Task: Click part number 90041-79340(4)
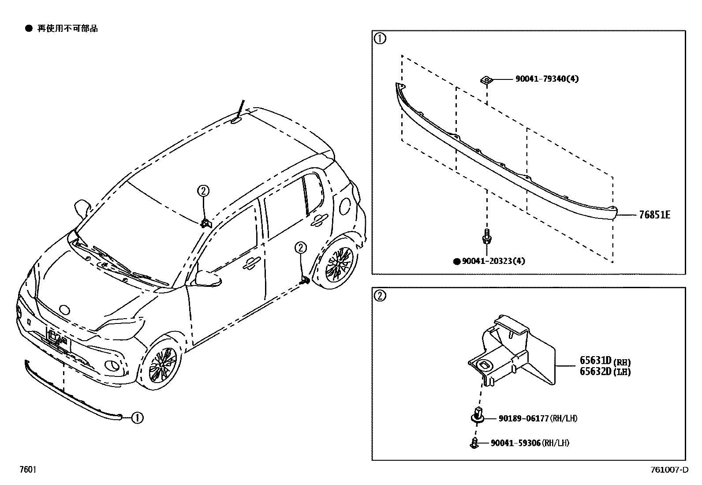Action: [x=547, y=79]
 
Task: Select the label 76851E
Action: [x=654, y=215]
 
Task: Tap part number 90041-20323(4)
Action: [x=493, y=261]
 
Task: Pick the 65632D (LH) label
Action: [x=605, y=372]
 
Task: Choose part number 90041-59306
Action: [x=515, y=443]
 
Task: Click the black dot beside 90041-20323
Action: [x=457, y=261]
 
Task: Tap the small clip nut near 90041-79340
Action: [x=485, y=80]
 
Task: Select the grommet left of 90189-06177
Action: [x=478, y=416]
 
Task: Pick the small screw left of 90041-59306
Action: [x=474, y=442]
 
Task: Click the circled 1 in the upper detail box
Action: [x=380, y=39]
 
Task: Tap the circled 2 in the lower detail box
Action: [x=380, y=296]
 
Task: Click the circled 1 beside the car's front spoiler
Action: [x=138, y=417]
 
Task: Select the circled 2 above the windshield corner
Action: [x=203, y=191]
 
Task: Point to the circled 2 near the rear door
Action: [x=300, y=248]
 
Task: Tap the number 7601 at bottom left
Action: [x=27, y=470]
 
